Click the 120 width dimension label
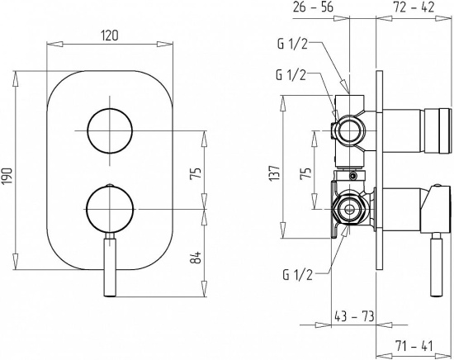click(x=110, y=36)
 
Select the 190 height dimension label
click(x=7, y=176)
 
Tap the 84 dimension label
click(x=196, y=258)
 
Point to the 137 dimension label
click(x=275, y=173)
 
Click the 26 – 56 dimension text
click(x=313, y=7)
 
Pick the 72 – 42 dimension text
click(x=414, y=7)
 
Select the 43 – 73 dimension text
click(x=354, y=316)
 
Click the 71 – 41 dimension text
click(x=414, y=346)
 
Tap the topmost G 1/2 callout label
click(x=292, y=45)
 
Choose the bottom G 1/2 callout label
click(x=298, y=275)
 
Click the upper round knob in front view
click(x=110, y=131)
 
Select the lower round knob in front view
click(x=110, y=209)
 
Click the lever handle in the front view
click(x=110, y=264)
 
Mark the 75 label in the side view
click(x=305, y=173)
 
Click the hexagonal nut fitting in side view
click(x=349, y=208)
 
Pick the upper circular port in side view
click(x=349, y=130)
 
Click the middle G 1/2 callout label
click(x=291, y=74)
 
